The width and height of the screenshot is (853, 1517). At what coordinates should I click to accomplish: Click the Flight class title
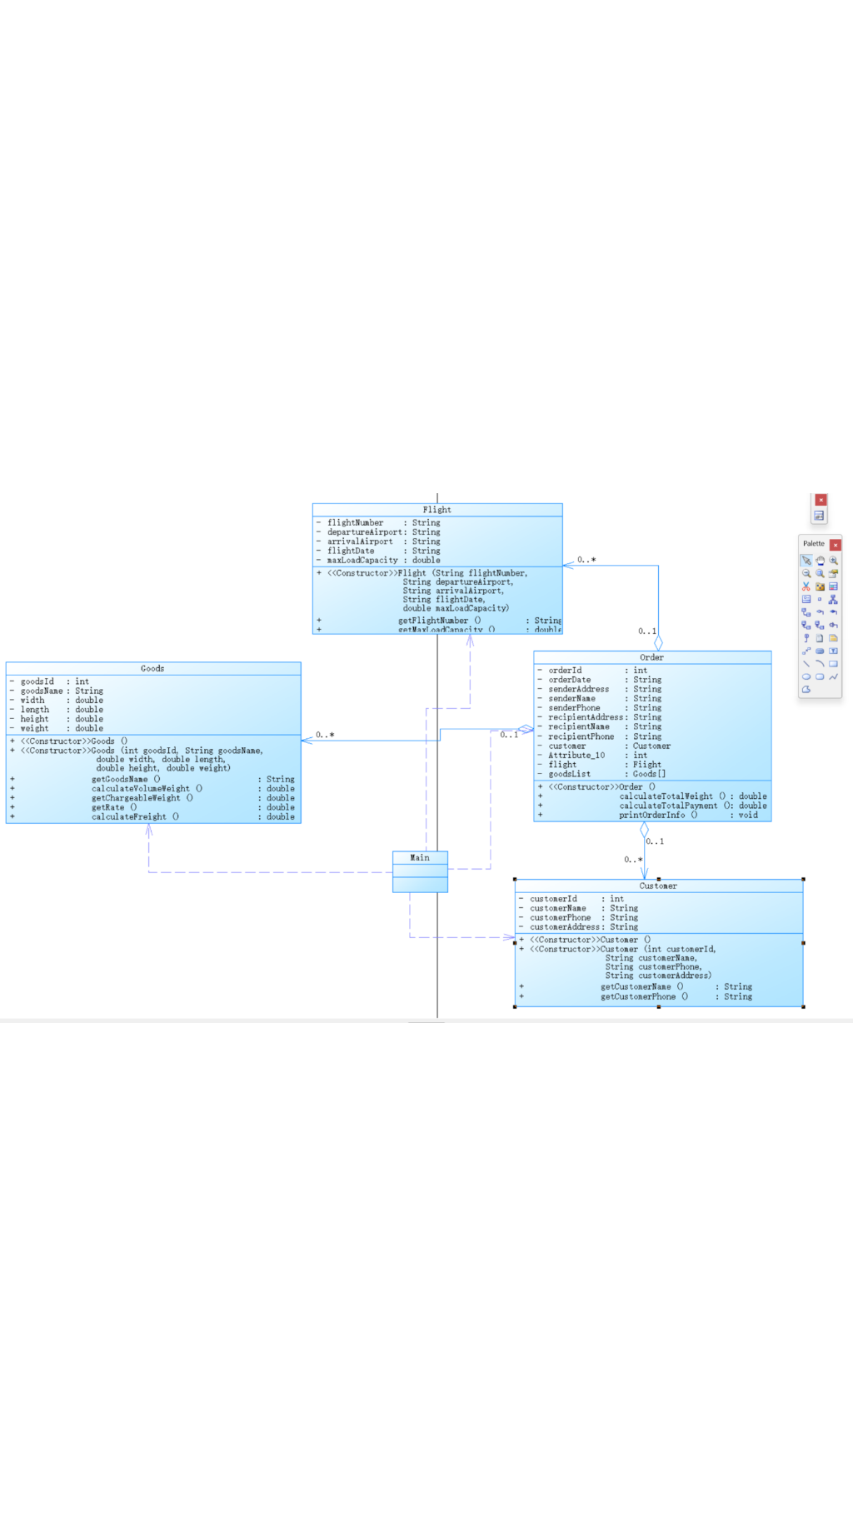[436, 510]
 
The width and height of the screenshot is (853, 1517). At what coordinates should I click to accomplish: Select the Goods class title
[152, 668]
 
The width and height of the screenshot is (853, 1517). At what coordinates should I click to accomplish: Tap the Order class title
[651, 657]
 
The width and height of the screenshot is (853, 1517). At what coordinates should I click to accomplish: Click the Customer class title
[658, 886]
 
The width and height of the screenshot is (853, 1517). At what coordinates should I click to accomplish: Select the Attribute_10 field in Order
[576, 756]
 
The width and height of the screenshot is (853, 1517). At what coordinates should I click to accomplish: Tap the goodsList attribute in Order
[570, 774]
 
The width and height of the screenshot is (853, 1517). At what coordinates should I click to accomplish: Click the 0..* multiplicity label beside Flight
[586, 560]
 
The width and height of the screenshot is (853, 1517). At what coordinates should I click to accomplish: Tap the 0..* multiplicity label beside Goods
[325, 735]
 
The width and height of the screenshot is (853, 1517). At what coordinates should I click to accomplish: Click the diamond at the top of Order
[658, 643]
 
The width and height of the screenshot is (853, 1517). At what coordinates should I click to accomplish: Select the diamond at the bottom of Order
[644, 830]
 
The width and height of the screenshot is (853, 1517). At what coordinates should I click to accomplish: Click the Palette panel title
[813, 544]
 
